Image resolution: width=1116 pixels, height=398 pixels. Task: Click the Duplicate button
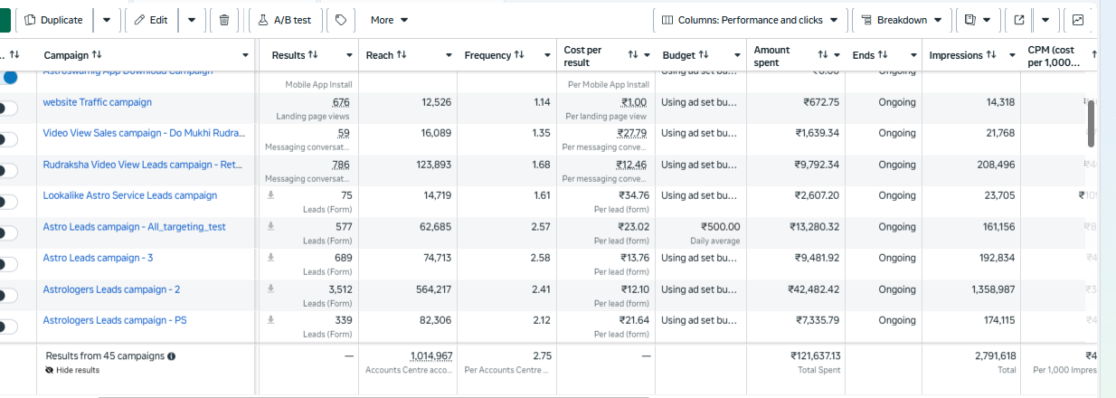(x=53, y=20)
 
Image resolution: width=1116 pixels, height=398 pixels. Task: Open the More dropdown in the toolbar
(x=389, y=20)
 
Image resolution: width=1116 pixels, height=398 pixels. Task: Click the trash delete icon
(x=224, y=20)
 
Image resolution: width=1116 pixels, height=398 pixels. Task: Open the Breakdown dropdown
(x=901, y=20)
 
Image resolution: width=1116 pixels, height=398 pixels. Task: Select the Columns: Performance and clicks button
(x=750, y=20)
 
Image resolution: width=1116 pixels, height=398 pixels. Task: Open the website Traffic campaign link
(x=98, y=102)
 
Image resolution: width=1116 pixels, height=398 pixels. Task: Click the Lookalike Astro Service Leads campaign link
(x=130, y=195)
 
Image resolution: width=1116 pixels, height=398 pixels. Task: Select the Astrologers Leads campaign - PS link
(x=115, y=320)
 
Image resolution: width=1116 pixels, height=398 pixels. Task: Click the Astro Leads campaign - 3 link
(x=98, y=258)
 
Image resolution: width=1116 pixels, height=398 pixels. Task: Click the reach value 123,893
(x=430, y=165)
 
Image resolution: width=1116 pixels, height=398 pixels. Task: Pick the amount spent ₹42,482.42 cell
(x=813, y=289)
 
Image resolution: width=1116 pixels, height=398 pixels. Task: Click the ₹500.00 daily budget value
(x=720, y=227)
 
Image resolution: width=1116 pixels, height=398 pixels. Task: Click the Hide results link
(x=77, y=370)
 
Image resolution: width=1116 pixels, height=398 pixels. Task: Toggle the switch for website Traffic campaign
(x=8, y=109)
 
